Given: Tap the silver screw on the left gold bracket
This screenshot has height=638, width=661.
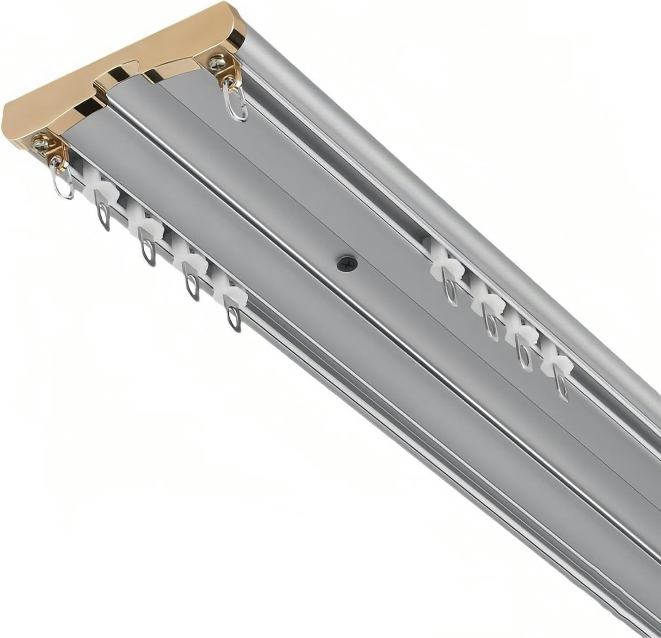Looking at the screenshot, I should [x=41, y=144].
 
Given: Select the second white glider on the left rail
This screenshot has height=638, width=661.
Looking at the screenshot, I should [x=146, y=225].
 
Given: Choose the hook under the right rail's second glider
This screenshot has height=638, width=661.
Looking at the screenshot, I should [x=490, y=328].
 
